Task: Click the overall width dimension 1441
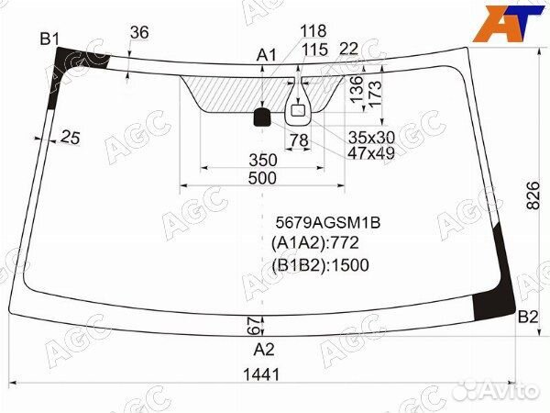pyautogui.click(x=261, y=374)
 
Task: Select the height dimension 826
pyautogui.click(x=533, y=195)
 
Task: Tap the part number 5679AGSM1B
pyautogui.click(x=328, y=222)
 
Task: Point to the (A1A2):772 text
pyautogui.click(x=315, y=242)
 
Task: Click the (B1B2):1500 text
pyautogui.click(x=320, y=265)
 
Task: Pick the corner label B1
pyautogui.click(x=49, y=39)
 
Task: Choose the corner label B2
pyautogui.click(x=528, y=318)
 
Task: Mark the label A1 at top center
pyautogui.click(x=267, y=55)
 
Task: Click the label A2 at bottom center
pyautogui.click(x=264, y=350)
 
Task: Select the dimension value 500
pyautogui.click(x=262, y=178)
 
